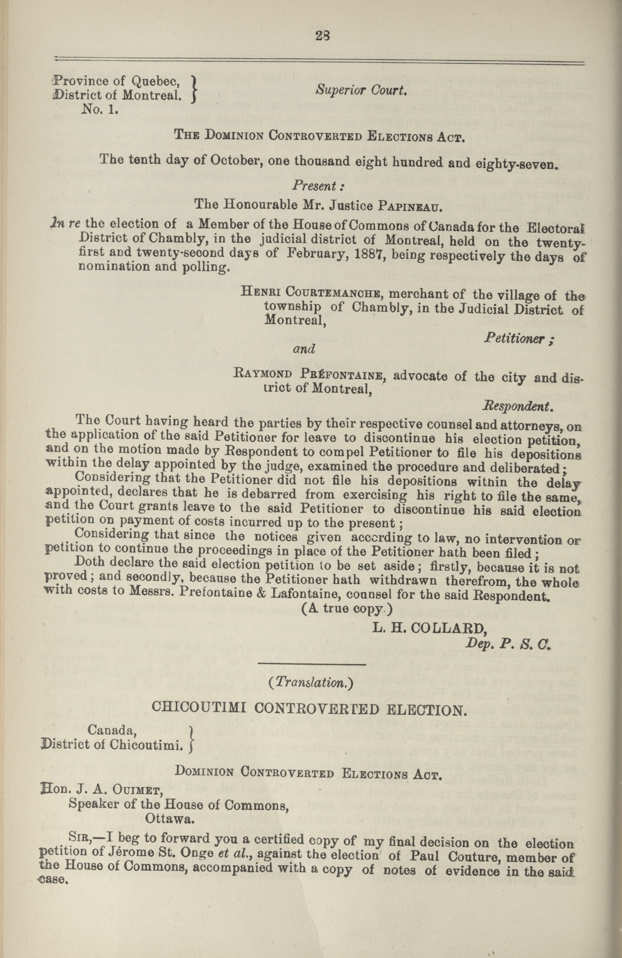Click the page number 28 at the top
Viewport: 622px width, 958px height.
click(323, 36)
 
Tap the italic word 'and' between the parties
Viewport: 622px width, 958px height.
click(304, 348)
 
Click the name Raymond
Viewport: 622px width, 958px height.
click(263, 373)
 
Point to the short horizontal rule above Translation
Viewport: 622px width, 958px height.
click(312, 664)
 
